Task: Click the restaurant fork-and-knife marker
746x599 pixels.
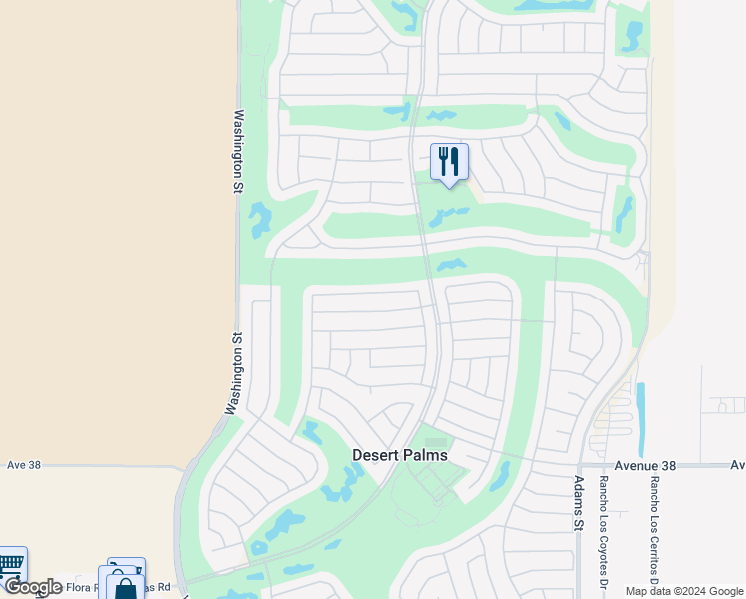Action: [x=449, y=161]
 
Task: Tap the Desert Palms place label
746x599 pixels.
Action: [x=400, y=455]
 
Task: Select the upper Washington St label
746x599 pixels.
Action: [x=239, y=150]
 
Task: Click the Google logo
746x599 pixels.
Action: [x=33, y=587]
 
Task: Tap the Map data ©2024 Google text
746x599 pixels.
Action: [x=683, y=591]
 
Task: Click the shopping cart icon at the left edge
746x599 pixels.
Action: [x=10, y=564]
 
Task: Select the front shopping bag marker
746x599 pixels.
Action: [x=127, y=587]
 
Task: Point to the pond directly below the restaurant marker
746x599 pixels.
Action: [x=447, y=215]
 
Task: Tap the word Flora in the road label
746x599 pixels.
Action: [x=82, y=587]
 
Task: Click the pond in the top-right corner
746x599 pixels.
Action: [x=631, y=36]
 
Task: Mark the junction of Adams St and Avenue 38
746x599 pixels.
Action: [x=580, y=465]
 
